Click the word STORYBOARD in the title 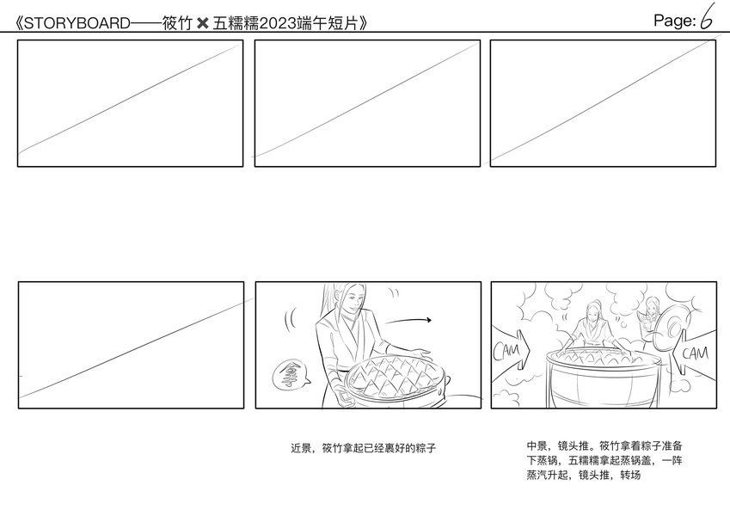pos(77,23)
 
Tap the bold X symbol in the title pos(203,23)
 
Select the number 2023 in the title pos(278,23)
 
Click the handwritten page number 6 pos(707,17)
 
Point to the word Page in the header pos(672,21)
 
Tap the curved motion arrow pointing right pos(408,321)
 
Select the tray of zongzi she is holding pos(396,379)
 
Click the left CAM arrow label pos(511,351)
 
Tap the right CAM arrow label pos(694,353)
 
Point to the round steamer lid pos(671,328)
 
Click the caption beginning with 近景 pos(363,448)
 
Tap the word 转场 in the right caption pos(630,475)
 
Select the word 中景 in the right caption pos(537,446)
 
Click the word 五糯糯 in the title pos(235,23)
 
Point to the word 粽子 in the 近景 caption pos(426,448)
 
